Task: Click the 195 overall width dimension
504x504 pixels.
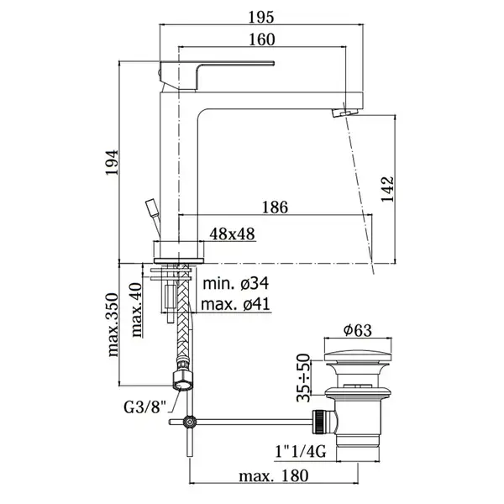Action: click(x=261, y=18)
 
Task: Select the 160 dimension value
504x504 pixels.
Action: click(x=262, y=39)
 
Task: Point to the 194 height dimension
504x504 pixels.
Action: click(x=113, y=162)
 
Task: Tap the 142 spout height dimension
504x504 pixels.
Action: click(x=387, y=189)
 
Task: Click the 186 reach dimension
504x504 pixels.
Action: click(x=275, y=207)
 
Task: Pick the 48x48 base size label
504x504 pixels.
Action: click(x=232, y=234)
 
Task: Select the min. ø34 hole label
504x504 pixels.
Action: click(x=236, y=284)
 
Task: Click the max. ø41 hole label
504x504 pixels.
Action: click(x=235, y=304)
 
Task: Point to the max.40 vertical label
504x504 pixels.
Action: click(x=136, y=309)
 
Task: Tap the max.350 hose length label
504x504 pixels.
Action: click(x=113, y=324)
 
